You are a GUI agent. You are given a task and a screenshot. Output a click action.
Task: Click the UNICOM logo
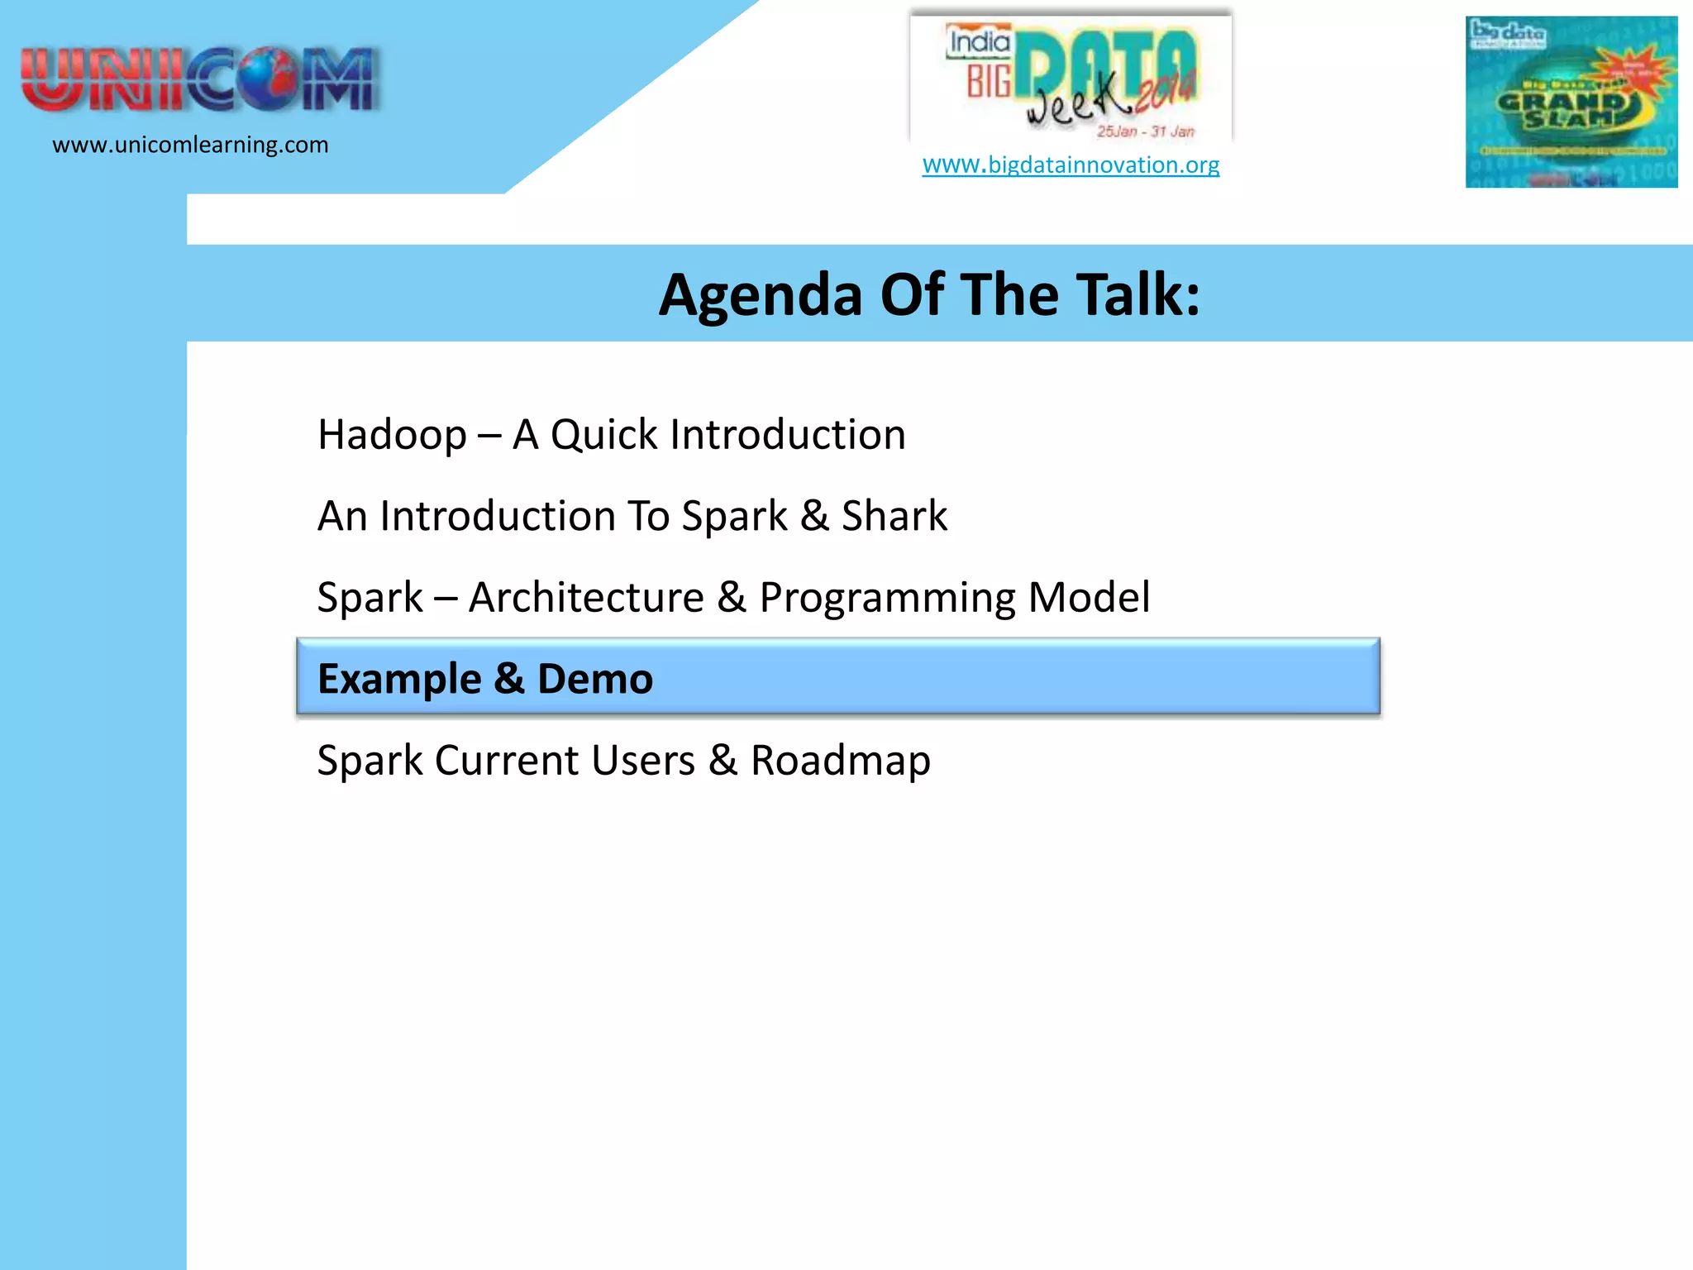pyautogui.click(x=198, y=79)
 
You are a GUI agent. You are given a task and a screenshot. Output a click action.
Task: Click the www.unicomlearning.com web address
pyautogui.click(x=190, y=146)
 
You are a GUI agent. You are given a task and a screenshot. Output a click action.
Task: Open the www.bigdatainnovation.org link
pyautogui.click(x=1071, y=165)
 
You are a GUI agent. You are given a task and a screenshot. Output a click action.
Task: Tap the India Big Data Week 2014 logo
pyautogui.click(x=1071, y=79)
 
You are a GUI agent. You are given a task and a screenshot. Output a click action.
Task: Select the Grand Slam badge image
pyautogui.click(x=1571, y=102)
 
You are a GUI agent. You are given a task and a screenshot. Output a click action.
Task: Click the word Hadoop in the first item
pyautogui.click(x=392, y=435)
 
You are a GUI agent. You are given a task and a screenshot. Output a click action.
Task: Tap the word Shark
pyautogui.click(x=894, y=517)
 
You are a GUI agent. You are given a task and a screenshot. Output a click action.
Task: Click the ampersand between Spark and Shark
pyautogui.click(x=814, y=517)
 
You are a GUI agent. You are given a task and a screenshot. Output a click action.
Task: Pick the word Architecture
pyautogui.click(x=586, y=598)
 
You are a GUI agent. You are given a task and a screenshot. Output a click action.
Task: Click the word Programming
pyautogui.click(x=887, y=598)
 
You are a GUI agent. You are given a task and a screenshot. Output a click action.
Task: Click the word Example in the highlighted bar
pyautogui.click(x=398, y=680)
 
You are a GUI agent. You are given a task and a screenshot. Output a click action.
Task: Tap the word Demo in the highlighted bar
pyautogui.click(x=595, y=680)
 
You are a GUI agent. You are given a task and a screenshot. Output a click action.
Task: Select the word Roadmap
pyautogui.click(x=840, y=761)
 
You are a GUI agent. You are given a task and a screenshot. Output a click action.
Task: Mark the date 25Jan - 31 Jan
pyautogui.click(x=1145, y=131)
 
